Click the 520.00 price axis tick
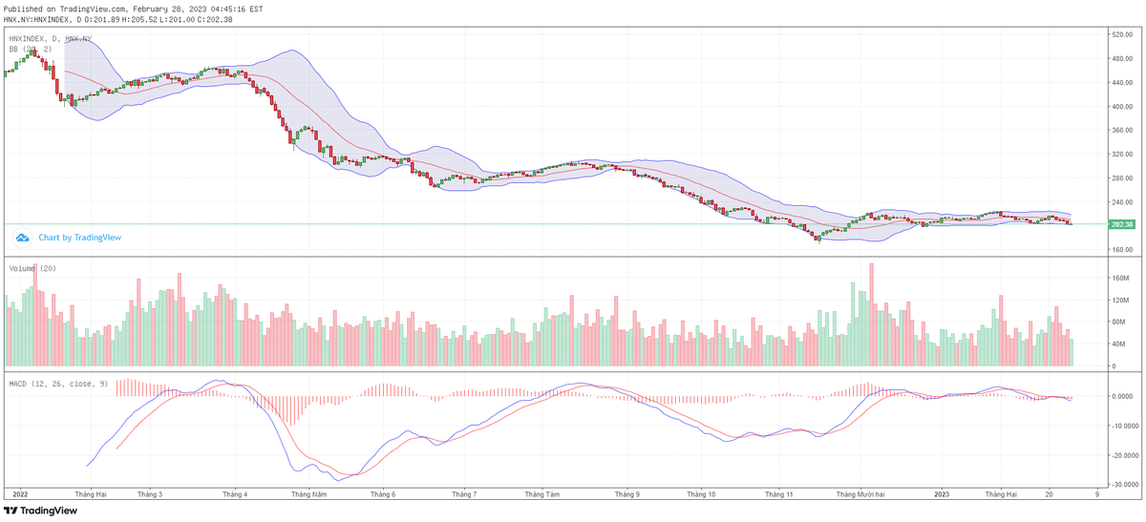coord(1120,34)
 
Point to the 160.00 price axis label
coord(1120,250)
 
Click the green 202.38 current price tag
coord(1122,224)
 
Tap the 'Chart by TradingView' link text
coord(79,238)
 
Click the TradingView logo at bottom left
coord(40,511)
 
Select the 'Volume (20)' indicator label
coord(32,269)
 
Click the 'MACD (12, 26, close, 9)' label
coord(58,384)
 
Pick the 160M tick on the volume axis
coord(1119,279)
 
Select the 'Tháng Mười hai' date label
coord(860,494)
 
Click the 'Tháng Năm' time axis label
coord(309,494)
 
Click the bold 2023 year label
coord(942,494)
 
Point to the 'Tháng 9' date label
coord(626,494)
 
